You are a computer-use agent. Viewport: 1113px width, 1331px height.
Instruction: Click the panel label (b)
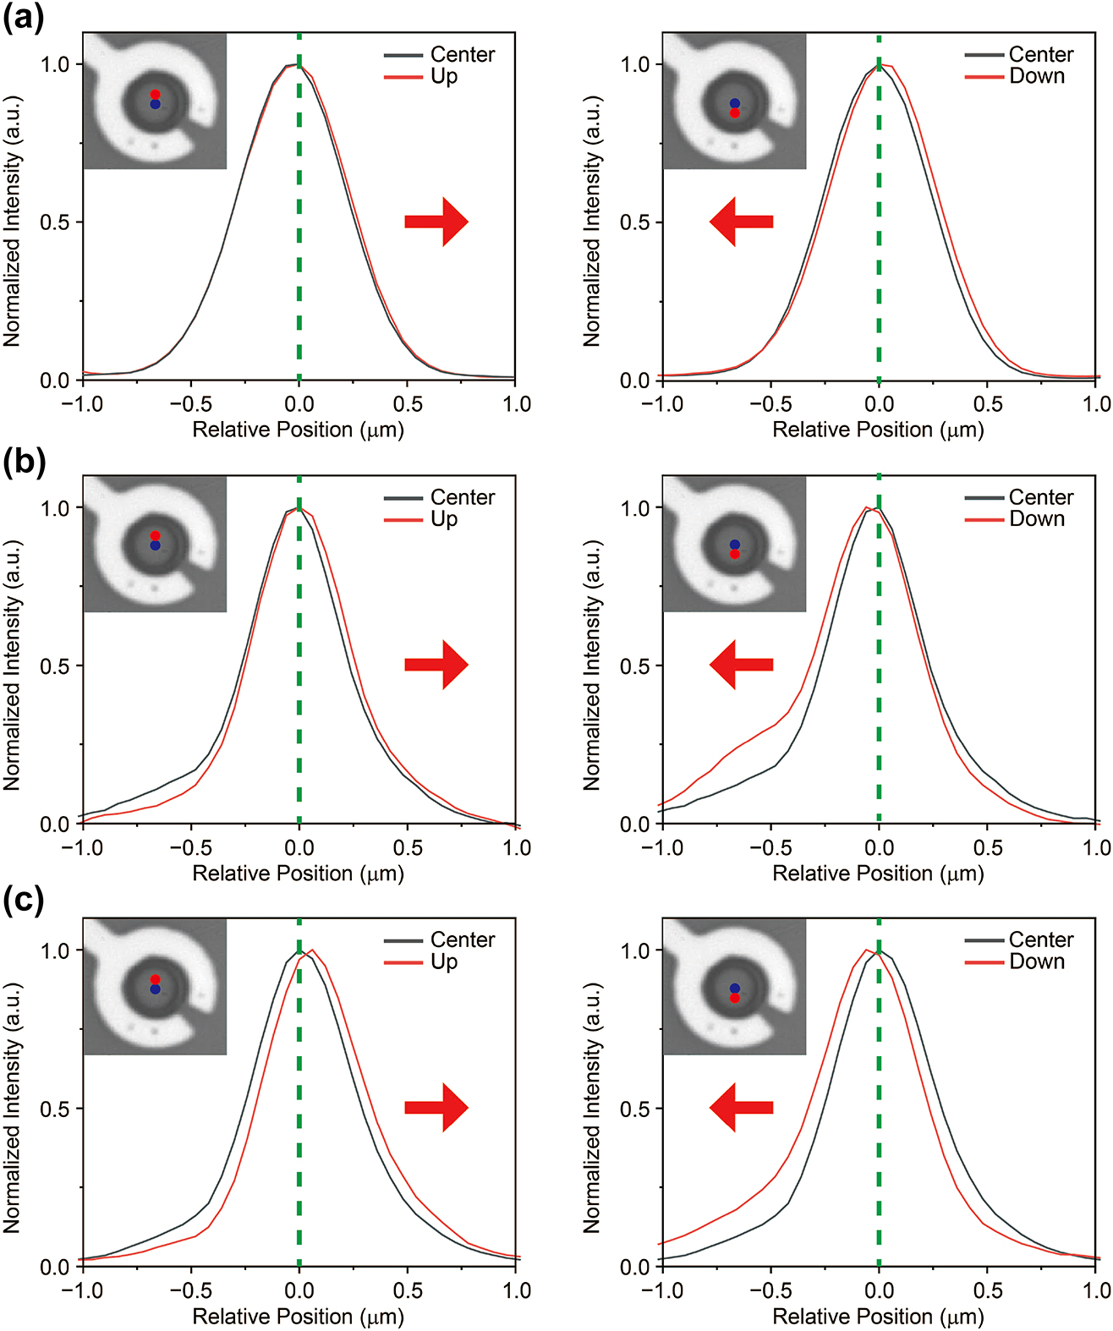point(24,462)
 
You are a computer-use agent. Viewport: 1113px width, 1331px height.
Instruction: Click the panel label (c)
point(23,901)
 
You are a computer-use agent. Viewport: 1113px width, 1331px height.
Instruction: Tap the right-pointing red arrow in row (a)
point(436,222)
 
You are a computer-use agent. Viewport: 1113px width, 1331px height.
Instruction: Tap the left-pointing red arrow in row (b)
point(741,665)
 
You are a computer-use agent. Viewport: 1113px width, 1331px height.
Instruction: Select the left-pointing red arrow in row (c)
point(741,1108)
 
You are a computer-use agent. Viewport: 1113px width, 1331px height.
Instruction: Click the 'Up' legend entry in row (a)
point(443,76)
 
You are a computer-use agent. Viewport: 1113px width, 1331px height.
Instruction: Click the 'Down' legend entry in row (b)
point(1036,519)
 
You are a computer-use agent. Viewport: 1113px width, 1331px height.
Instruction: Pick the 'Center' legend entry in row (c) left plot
point(462,939)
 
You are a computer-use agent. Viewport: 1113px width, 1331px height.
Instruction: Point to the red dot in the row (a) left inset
point(155,95)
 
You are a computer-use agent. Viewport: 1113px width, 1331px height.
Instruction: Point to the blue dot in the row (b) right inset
point(735,545)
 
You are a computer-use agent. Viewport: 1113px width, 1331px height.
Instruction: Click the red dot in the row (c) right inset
point(735,999)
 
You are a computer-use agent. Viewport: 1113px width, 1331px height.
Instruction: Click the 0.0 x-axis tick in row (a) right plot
point(879,404)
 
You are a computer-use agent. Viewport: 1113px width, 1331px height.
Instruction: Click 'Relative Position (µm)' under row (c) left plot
point(298,1317)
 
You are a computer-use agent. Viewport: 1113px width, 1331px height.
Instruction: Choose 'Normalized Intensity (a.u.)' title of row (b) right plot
point(592,665)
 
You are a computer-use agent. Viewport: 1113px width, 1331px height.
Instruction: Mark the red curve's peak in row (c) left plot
point(312,950)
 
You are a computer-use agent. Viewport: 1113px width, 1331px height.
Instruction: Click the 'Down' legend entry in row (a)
point(1036,76)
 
